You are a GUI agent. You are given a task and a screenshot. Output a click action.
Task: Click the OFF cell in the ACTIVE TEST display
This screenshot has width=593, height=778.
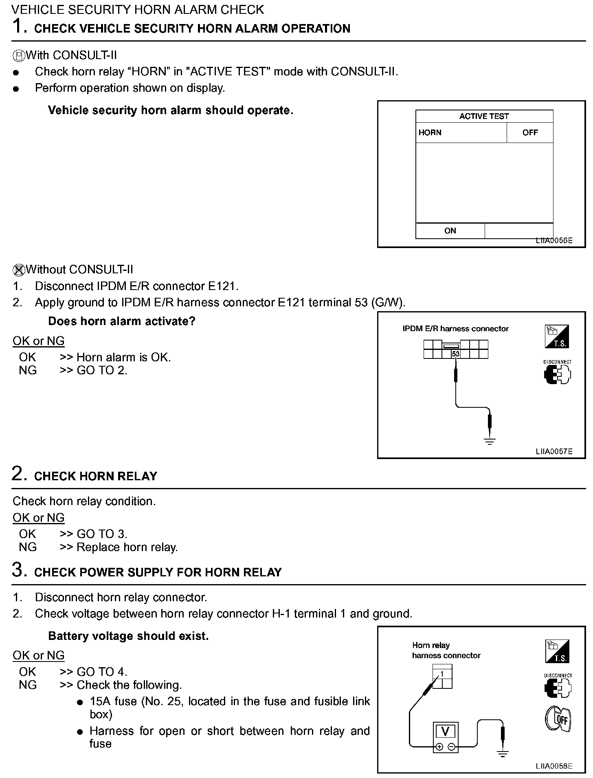(x=530, y=132)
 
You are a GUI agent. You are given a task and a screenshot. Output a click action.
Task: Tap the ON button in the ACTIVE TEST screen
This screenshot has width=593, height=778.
(x=450, y=231)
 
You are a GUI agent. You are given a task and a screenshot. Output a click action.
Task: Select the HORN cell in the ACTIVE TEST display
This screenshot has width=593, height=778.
(x=430, y=132)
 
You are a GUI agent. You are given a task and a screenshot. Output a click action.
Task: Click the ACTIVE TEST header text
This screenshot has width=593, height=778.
(x=484, y=116)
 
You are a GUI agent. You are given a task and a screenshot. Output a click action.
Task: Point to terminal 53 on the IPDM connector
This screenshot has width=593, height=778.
(x=455, y=354)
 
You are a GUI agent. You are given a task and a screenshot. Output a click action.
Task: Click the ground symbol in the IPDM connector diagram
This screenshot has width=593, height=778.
(x=490, y=441)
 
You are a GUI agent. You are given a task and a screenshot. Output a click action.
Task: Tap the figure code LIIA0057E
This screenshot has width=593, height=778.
(x=554, y=451)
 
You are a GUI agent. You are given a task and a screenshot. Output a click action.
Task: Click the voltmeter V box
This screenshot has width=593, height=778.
(x=445, y=732)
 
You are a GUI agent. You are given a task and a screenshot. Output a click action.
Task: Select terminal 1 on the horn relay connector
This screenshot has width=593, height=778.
(x=442, y=674)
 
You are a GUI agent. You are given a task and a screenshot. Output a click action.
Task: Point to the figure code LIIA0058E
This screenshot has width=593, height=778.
(x=554, y=766)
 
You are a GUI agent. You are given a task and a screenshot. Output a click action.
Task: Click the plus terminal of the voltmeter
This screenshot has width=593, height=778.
(x=439, y=747)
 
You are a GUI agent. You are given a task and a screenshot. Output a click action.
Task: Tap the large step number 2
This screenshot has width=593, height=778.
(x=19, y=474)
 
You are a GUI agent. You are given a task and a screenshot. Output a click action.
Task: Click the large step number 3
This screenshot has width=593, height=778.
(x=19, y=570)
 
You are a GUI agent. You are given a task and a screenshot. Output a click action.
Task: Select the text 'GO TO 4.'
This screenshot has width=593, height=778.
(x=102, y=672)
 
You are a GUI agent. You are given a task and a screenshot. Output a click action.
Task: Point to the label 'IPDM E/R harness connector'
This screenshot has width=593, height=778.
(x=455, y=329)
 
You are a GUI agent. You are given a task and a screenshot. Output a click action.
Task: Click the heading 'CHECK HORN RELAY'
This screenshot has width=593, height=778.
(x=96, y=476)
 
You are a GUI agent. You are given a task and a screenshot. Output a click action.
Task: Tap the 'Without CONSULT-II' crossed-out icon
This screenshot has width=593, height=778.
(x=19, y=270)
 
